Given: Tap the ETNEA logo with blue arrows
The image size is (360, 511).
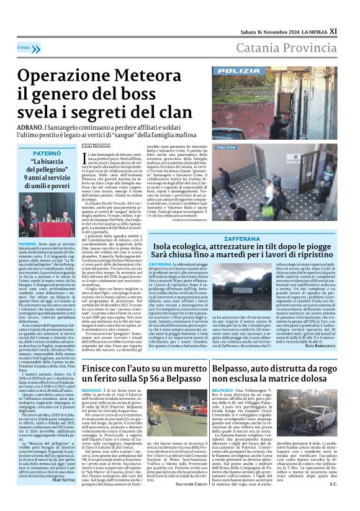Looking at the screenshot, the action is (23, 47).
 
